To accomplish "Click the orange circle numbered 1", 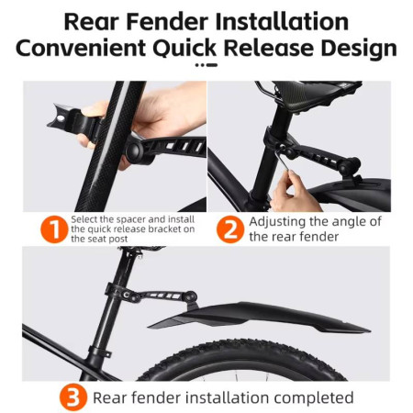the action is click(x=54, y=229).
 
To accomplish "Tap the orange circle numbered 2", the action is click(x=230, y=229).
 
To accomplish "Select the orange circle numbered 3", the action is click(x=73, y=397).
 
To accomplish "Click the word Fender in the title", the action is click(x=167, y=22).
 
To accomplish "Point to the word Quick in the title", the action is click(x=184, y=48).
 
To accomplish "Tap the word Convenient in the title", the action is click(x=81, y=48).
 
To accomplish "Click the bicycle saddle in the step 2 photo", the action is click(x=317, y=92).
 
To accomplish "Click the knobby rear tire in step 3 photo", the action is click(x=241, y=360).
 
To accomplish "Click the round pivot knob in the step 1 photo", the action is click(x=134, y=151).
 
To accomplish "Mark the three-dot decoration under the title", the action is click(x=206, y=65).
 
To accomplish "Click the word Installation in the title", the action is click(x=282, y=22).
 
